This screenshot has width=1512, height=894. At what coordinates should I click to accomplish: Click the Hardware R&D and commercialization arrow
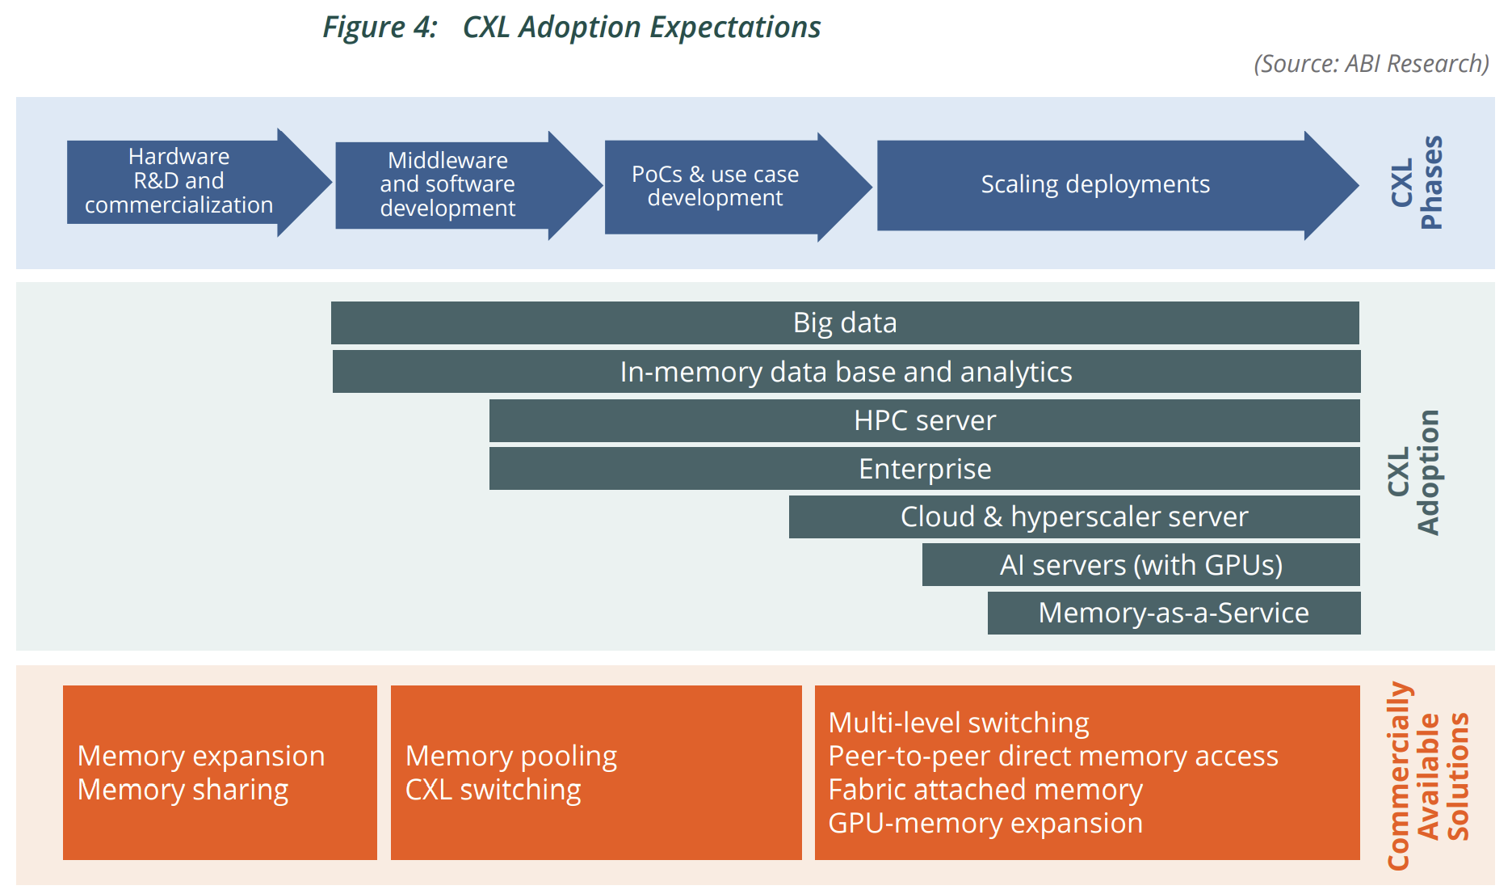tap(179, 181)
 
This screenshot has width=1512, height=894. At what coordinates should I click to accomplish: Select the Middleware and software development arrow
tap(448, 185)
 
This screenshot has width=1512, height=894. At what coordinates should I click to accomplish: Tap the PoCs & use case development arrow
tap(716, 187)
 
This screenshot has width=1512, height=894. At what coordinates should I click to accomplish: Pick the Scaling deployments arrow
tap(1095, 185)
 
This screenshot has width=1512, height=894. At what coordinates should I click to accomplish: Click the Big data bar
tap(845, 323)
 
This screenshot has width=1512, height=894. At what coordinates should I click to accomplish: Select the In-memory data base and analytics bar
tap(846, 372)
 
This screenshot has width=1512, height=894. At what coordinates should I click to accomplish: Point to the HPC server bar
tap(924, 421)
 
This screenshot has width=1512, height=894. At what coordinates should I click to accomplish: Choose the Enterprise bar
tap(924, 469)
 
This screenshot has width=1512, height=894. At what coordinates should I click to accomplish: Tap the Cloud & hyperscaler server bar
tap(1073, 517)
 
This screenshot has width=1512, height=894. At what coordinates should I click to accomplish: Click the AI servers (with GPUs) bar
tap(1140, 565)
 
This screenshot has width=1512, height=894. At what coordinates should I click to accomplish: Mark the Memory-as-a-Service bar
tap(1174, 614)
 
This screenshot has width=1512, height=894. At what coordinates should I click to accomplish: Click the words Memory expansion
tap(201, 756)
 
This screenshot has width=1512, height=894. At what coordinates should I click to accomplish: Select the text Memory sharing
tap(183, 790)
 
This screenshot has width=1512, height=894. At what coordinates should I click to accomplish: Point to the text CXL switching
tap(493, 790)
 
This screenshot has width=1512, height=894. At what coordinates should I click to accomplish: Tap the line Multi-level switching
tap(959, 723)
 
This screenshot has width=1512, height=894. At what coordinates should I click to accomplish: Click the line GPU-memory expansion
tap(985, 823)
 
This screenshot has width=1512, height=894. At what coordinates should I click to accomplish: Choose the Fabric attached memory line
tap(985, 790)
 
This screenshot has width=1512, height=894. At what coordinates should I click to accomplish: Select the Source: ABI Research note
tap(1371, 64)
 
